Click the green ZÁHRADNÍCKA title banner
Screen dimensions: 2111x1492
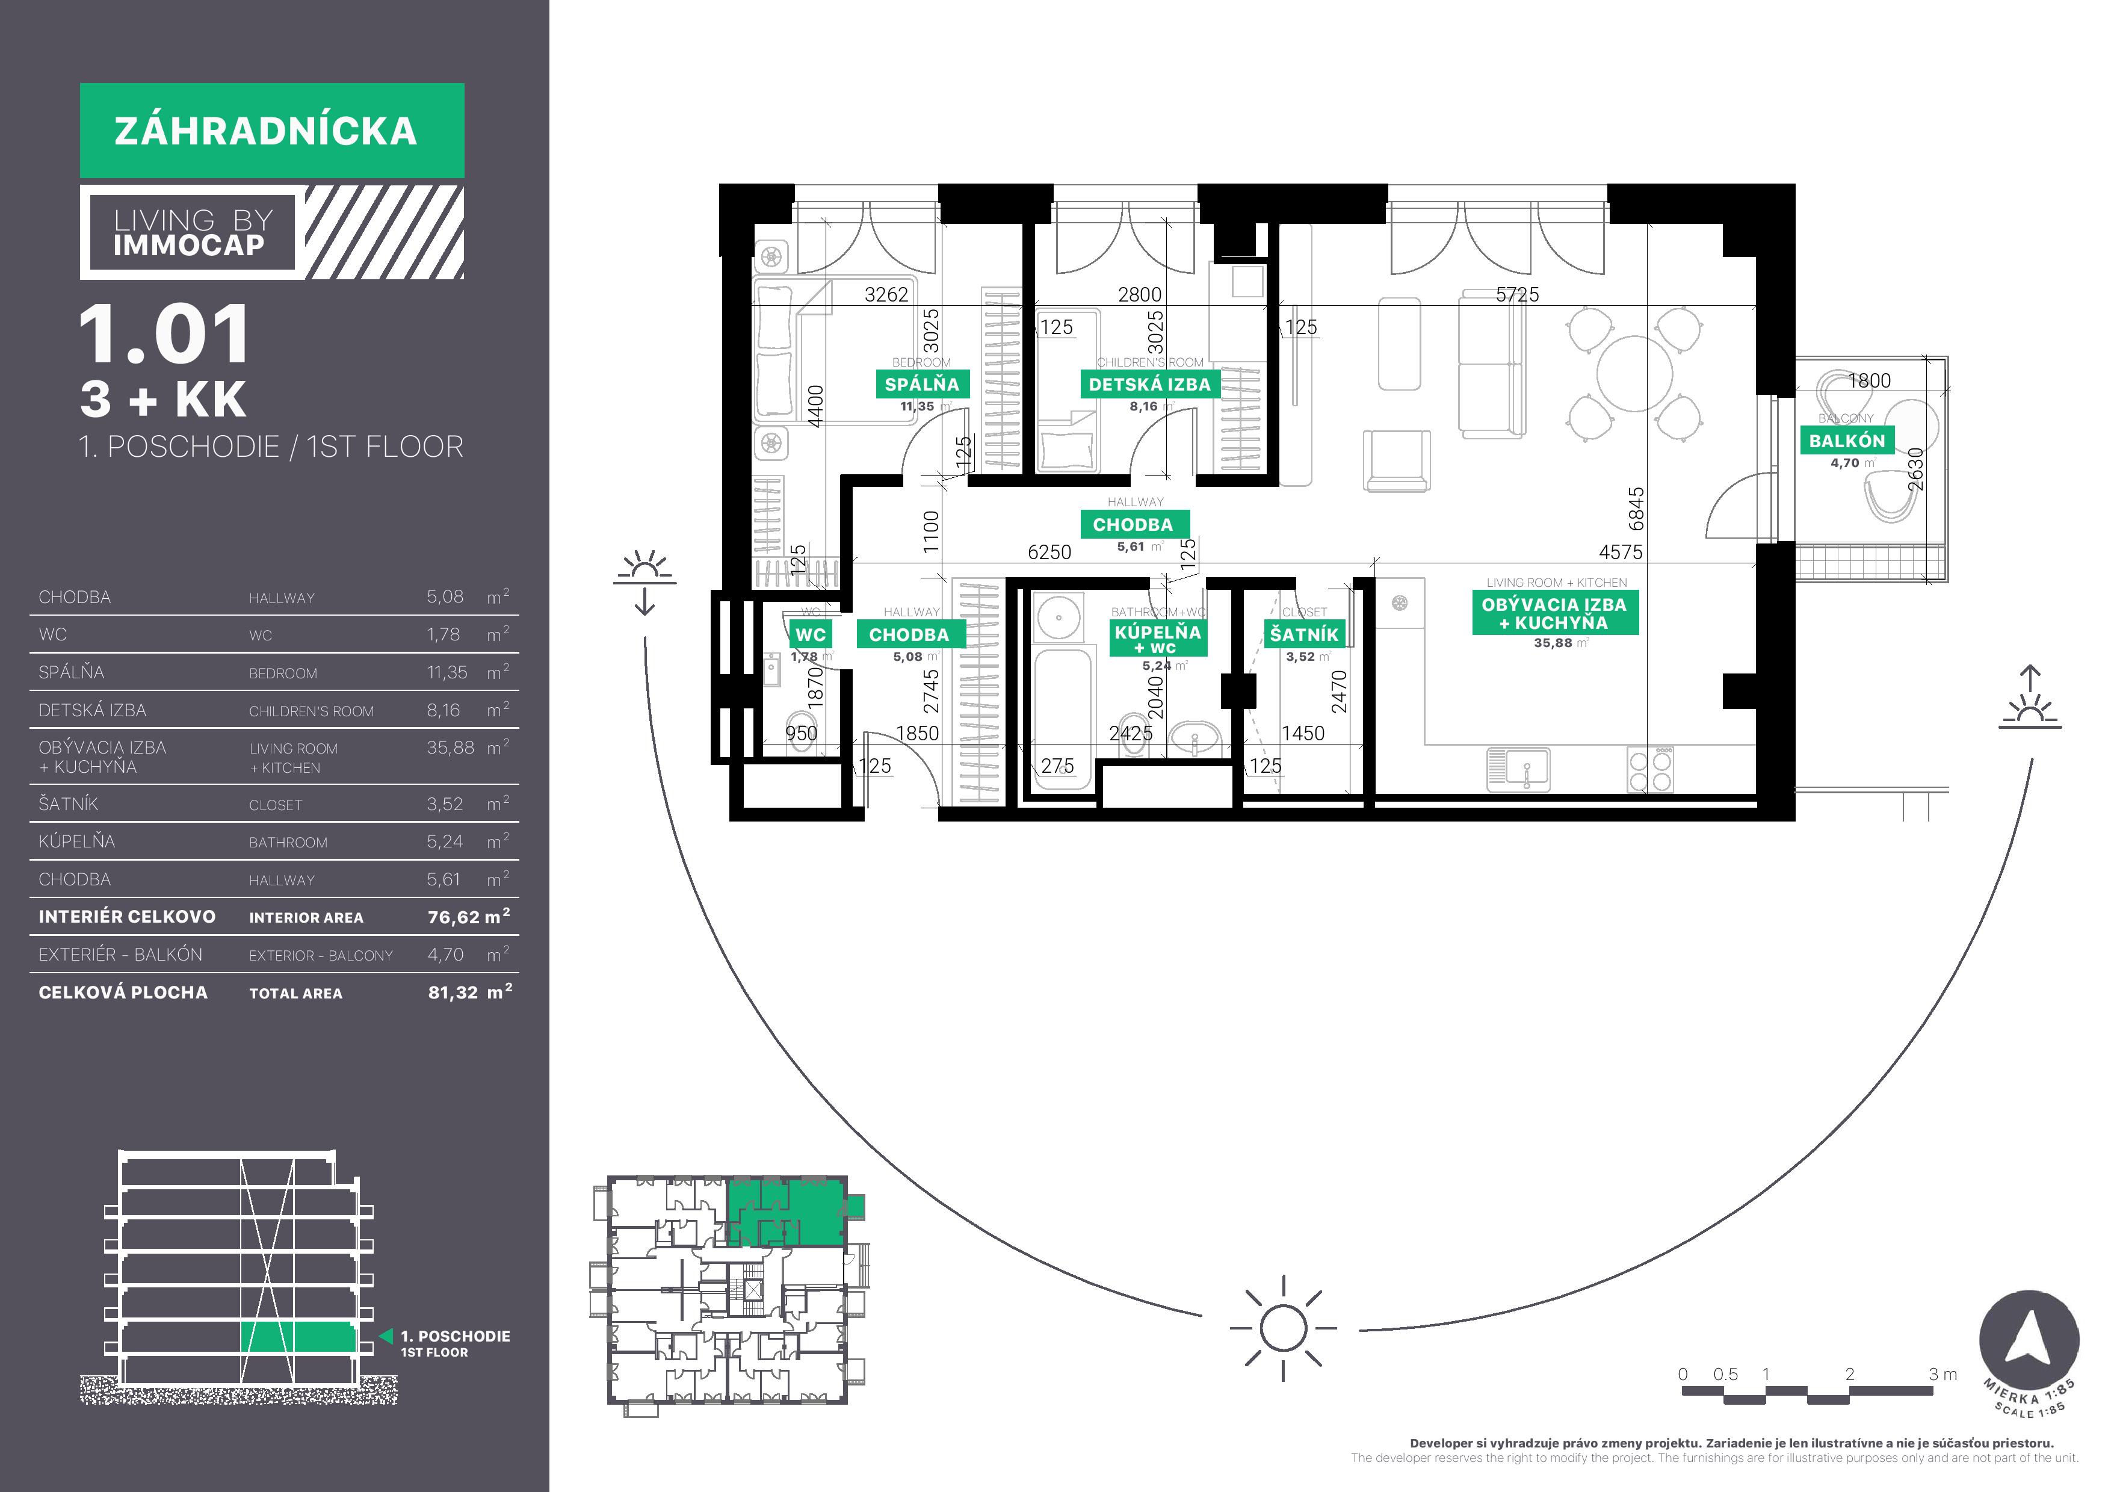(x=271, y=131)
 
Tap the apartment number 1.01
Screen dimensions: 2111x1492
(x=164, y=335)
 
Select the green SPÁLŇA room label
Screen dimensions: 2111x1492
(x=921, y=384)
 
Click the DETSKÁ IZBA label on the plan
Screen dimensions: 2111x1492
(x=1149, y=384)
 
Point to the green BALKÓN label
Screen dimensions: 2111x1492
(x=1846, y=441)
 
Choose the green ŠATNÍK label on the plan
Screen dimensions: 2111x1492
(x=1304, y=634)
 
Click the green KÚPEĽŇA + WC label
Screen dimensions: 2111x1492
(x=1158, y=637)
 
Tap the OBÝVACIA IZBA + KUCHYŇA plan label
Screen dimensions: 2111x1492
(x=1554, y=614)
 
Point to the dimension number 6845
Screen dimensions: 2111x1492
(x=1636, y=509)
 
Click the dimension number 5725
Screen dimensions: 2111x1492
(x=1517, y=294)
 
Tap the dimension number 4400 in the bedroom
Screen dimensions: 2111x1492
(x=815, y=406)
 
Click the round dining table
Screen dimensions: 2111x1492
(x=1635, y=373)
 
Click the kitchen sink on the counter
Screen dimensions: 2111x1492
(x=1518, y=769)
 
